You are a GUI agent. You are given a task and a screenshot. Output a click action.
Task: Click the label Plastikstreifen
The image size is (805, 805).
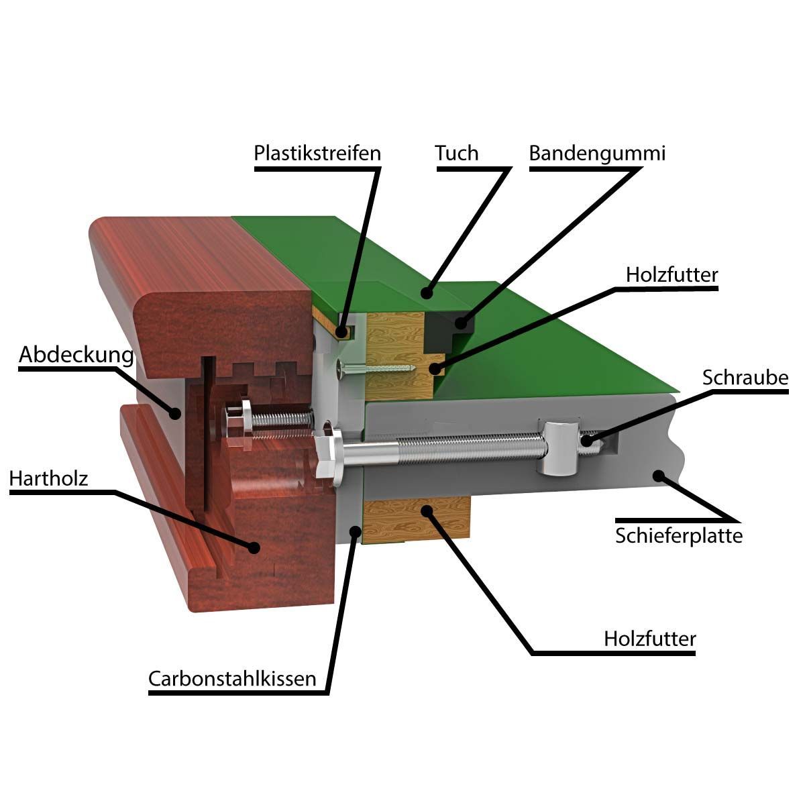point(317,154)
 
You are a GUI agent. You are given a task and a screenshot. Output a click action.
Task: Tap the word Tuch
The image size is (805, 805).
point(456,153)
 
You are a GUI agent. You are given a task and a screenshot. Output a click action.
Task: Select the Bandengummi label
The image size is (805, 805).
point(597,154)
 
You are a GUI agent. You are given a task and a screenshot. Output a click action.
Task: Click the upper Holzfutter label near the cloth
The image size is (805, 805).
point(672,275)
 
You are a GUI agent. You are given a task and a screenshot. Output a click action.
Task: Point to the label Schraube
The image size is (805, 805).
point(745,378)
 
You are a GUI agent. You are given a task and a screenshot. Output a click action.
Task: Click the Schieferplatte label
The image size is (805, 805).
point(679,535)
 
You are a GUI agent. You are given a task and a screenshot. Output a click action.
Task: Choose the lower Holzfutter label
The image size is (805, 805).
point(650,639)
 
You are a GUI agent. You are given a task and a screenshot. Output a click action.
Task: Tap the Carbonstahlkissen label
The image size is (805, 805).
point(232,678)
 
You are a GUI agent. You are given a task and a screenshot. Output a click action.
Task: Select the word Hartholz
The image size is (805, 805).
point(48,478)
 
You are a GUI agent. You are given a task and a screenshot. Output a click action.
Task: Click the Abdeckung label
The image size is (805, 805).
point(76,355)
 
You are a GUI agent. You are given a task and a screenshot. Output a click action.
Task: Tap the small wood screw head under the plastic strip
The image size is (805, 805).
point(341,369)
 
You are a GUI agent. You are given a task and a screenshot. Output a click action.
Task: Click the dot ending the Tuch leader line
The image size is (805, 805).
point(426,293)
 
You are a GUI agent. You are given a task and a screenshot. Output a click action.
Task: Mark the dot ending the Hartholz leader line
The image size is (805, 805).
point(253,547)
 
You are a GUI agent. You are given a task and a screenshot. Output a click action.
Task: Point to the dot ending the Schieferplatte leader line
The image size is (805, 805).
point(659,476)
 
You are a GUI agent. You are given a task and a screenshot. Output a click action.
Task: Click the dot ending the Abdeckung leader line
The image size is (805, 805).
point(176,413)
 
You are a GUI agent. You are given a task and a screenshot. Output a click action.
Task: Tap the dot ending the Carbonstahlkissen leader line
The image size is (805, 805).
point(355,531)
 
